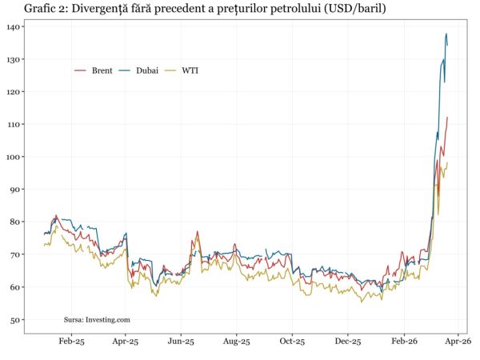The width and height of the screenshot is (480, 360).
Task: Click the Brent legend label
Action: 101,70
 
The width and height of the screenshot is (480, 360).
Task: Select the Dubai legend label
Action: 146,70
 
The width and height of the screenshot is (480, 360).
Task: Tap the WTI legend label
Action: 190,70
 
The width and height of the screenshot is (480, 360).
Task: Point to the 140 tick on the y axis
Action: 14,27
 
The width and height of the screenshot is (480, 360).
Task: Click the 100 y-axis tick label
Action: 14,157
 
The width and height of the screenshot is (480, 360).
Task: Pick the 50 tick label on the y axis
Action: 17,320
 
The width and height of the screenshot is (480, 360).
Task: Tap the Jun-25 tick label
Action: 181,342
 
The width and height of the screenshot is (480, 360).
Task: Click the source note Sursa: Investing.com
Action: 97,319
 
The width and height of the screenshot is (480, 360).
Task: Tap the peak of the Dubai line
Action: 446,34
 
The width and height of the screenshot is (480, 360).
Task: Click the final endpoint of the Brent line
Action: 448,118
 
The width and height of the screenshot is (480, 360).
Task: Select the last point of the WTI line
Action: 448,163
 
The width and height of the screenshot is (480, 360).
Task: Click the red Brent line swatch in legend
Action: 81,70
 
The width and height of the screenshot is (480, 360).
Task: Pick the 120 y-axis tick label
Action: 14,92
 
